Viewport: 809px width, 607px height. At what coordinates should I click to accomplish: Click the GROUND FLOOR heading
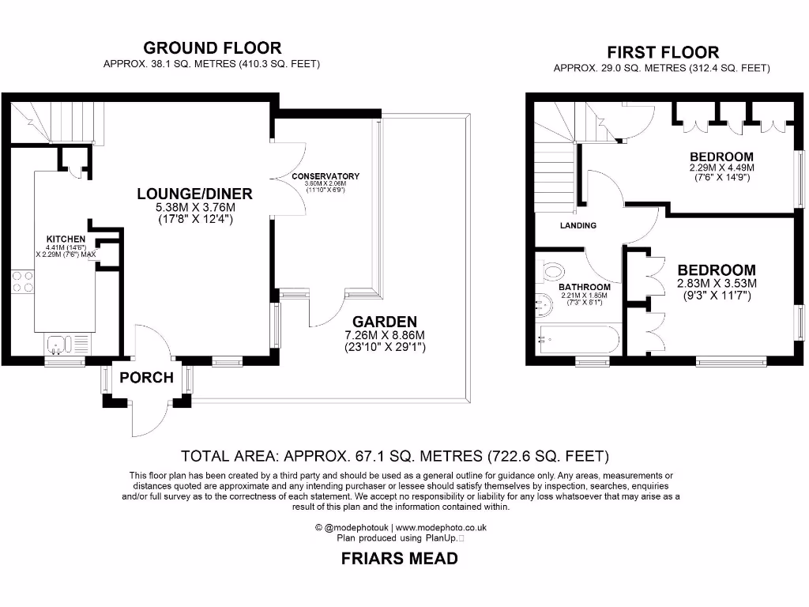pyautogui.click(x=212, y=48)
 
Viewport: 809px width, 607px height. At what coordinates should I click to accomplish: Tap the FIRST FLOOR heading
pyautogui.click(x=662, y=52)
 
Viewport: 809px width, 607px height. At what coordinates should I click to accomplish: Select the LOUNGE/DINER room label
pyautogui.click(x=194, y=194)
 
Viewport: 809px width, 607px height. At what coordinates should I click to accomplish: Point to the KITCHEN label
pyautogui.click(x=66, y=239)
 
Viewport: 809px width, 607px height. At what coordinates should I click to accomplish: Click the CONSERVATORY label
pyautogui.click(x=325, y=176)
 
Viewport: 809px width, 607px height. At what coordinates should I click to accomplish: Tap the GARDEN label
pyautogui.click(x=385, y=322)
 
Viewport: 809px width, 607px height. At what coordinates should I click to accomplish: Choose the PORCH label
pyautogui.click(x=146, y=378)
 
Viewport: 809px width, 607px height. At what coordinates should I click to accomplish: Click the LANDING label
pyautogui.click(x=578, y=225)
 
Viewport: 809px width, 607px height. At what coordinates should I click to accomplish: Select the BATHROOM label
pyautogui.click(x=585, y=287)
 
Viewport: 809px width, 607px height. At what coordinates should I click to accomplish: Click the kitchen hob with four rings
pyautogui.click(x=22, y=282)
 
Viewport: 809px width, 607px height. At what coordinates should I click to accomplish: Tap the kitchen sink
pyautogui.click(x=60, y=343)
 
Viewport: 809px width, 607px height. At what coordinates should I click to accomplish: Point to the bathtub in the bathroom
pyautogui.click(x=576, y=340)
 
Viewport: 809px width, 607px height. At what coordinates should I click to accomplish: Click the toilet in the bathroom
pyautogui.click(x=554, y=272)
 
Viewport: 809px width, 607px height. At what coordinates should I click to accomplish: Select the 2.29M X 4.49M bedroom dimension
pyautogui.click(x=721, y=168)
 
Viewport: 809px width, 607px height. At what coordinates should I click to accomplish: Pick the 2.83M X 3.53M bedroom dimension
pyautogui.click(x=716, y=284)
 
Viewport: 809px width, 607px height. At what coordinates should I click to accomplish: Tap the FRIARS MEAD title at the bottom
pyautogui.click(x=399, y=559)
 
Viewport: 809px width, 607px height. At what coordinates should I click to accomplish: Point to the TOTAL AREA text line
pyautogui.click(x=395, y=456)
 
